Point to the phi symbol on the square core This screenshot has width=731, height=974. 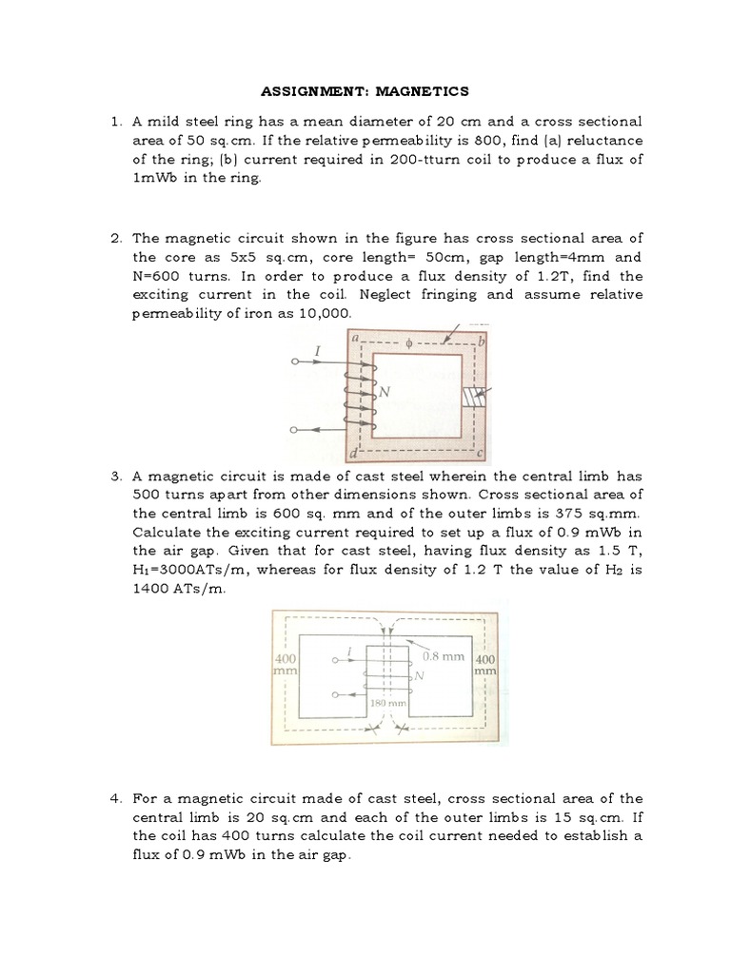coord(407,344)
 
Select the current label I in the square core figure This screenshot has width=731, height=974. coord(317,351)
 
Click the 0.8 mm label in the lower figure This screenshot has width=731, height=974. coord(445,656)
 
